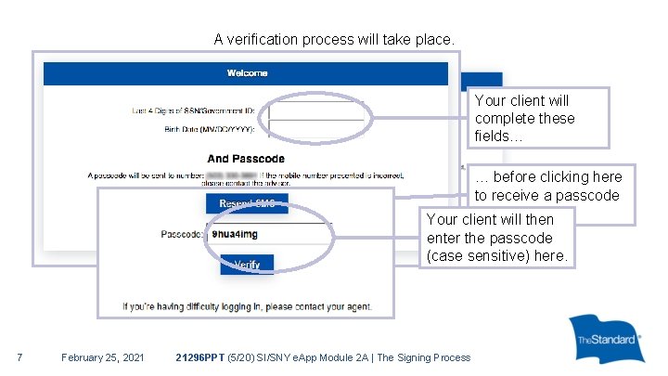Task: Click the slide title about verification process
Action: click(x=334, y=40)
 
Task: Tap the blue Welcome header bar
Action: click(x=247, y=73)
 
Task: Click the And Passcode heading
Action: click(x=246, y=159)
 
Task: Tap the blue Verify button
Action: click(x=247, y=265)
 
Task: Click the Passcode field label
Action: click(x=183, y=235)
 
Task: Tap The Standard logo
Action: click(x=607, y=339)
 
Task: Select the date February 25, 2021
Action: click(x=102, y=357)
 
